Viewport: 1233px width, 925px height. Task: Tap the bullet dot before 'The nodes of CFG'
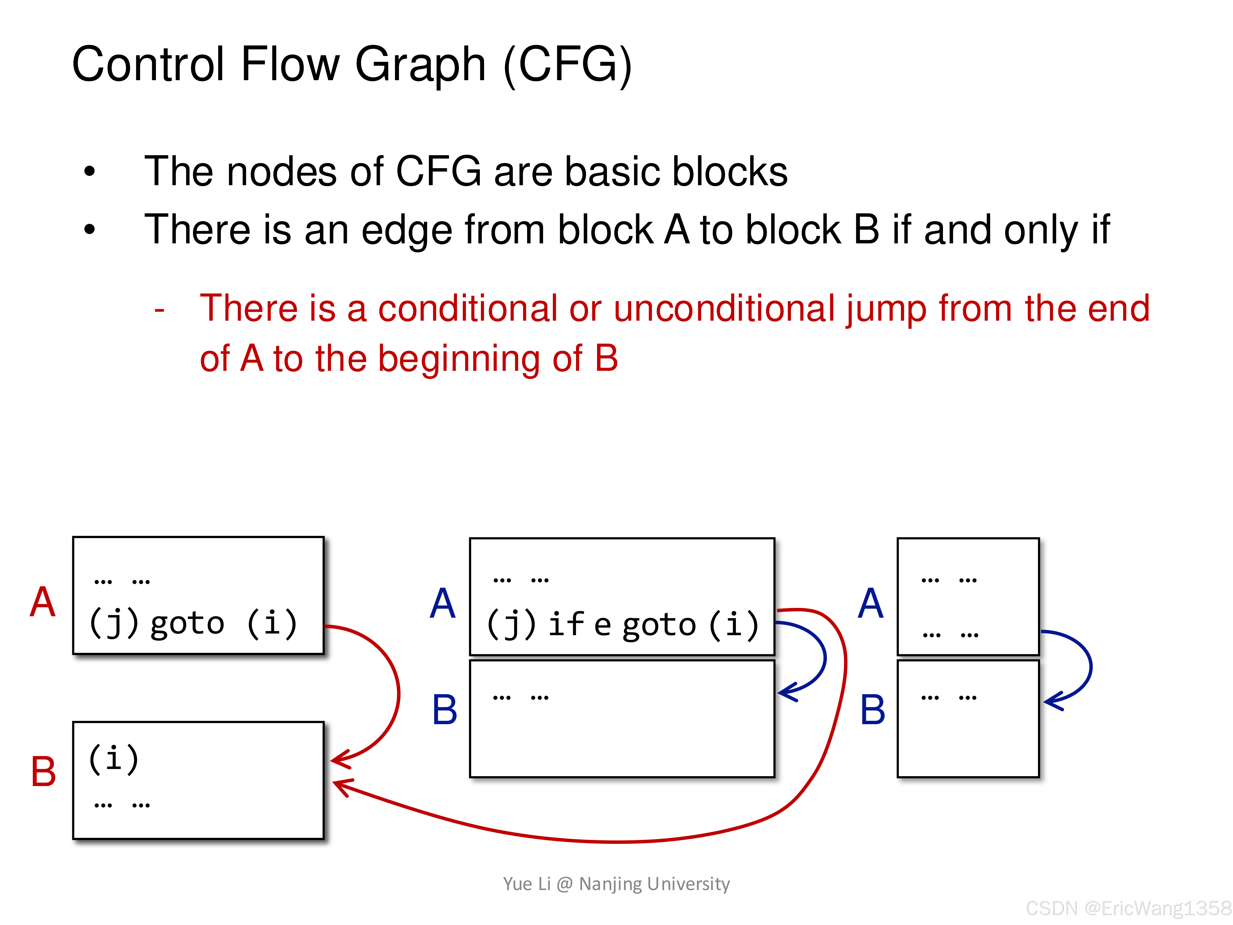coord(89,171)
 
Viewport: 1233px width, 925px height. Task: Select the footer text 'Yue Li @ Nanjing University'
coord(616,884)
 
